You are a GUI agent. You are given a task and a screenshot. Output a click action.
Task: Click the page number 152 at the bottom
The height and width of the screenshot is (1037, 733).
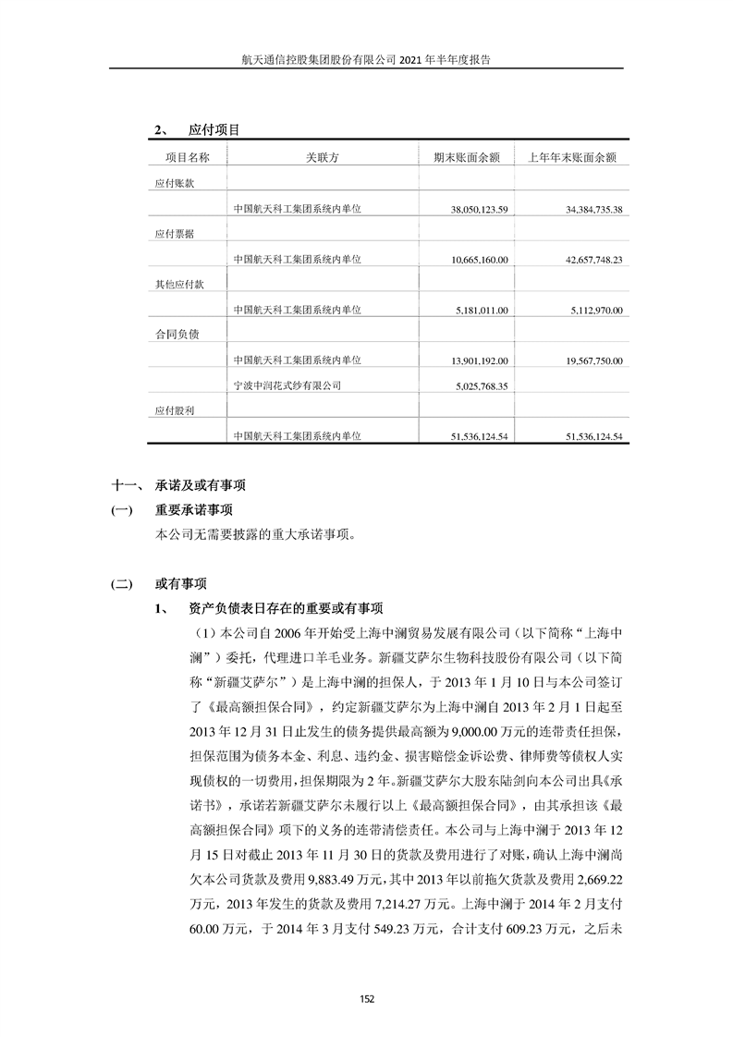[366, 998]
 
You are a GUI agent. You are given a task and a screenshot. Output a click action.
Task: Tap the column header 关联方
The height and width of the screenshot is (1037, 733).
[323, 158]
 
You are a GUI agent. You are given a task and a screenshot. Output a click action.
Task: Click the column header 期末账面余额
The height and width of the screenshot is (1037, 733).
[467, 158]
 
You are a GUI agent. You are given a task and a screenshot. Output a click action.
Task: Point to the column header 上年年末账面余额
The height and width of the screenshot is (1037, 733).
[571, 158]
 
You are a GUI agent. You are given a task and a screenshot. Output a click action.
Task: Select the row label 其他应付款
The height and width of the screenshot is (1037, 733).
[178, 285]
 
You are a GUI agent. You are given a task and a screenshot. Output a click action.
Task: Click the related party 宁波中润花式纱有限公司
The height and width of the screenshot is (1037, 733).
[287, 385]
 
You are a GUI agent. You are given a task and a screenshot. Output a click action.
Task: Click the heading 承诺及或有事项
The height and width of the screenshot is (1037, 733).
[200, 484]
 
